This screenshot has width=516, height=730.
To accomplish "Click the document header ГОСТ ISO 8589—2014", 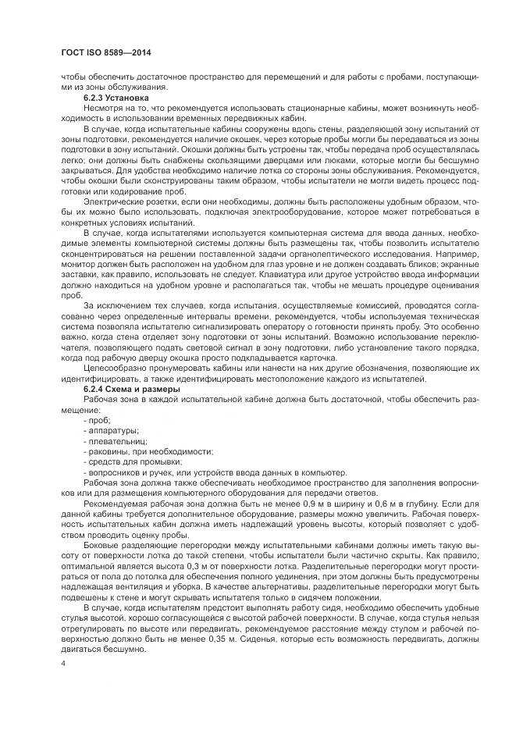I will pyautogui.click(x=105, y=52).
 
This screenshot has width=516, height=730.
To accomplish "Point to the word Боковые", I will pyautogui.click(x=104, y=547).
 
